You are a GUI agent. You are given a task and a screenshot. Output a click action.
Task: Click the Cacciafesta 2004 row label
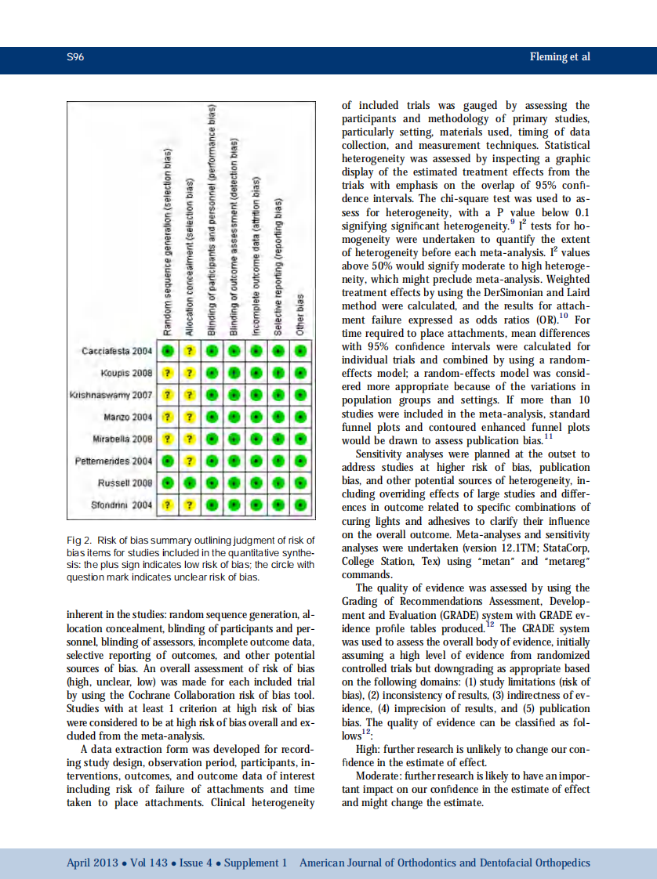(x=117, y=351)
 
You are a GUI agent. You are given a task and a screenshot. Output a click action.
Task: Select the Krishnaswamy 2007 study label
(x=110, y=395)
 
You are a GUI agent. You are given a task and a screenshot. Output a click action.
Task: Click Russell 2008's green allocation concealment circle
(x=189, y=483)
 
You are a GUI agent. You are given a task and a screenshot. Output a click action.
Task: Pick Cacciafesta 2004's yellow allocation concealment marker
(x=189, y=351)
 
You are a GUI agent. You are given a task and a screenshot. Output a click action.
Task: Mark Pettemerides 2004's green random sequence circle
(x=167, y=461)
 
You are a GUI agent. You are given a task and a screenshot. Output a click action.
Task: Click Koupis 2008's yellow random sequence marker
(x=167, y=373)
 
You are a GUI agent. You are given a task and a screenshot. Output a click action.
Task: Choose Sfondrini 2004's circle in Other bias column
(x=299, y=505)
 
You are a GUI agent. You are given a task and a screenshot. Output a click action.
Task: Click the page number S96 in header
(x=76, y=57)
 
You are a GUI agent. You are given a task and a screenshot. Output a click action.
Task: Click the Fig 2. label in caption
(x=80, y=541)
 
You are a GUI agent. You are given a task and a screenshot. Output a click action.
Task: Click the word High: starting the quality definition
(x=370, y=748)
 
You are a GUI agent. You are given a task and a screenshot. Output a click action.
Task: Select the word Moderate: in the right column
(x=380, y=776)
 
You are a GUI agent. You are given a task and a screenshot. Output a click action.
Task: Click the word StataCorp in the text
(x=564, y=548)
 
